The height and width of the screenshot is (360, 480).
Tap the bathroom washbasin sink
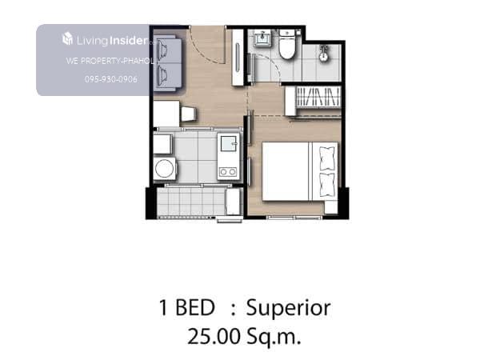point(262,39)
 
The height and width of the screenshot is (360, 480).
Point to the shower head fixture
point(322,53)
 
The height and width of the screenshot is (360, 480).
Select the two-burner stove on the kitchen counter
point(228,172)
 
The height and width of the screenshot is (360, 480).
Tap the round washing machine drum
point(164,168)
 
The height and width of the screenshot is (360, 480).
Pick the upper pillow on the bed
point(327,158)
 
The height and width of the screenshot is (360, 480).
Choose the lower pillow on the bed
point(327,185)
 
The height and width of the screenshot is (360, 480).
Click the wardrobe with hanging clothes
point(313,97)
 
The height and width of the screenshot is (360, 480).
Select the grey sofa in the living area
point(167,63)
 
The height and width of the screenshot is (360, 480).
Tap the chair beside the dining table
point(188,114)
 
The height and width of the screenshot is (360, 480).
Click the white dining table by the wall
point(166,114)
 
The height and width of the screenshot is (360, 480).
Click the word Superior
point(288,308)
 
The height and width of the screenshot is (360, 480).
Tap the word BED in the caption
point(195,308)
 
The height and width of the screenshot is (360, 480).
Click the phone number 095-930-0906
point(111,79)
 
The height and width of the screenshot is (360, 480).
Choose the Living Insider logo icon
point(67,39)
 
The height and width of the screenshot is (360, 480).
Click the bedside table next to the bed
point(331,207)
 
